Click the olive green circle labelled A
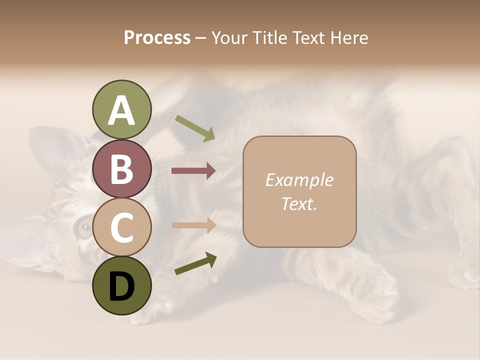click(121, 110)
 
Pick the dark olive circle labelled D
click(121, 285)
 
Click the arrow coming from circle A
click(195, 128)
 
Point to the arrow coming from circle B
click(193, 171)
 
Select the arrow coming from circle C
click(193, 225)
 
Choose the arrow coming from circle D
click(195, 263)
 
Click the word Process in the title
click(157, 37)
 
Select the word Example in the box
click(299, 180)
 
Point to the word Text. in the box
click(299, 203)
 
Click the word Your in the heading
click(230, 37)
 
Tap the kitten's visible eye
click(82, 228)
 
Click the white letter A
click(121, 110)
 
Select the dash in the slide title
click(200, 38)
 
